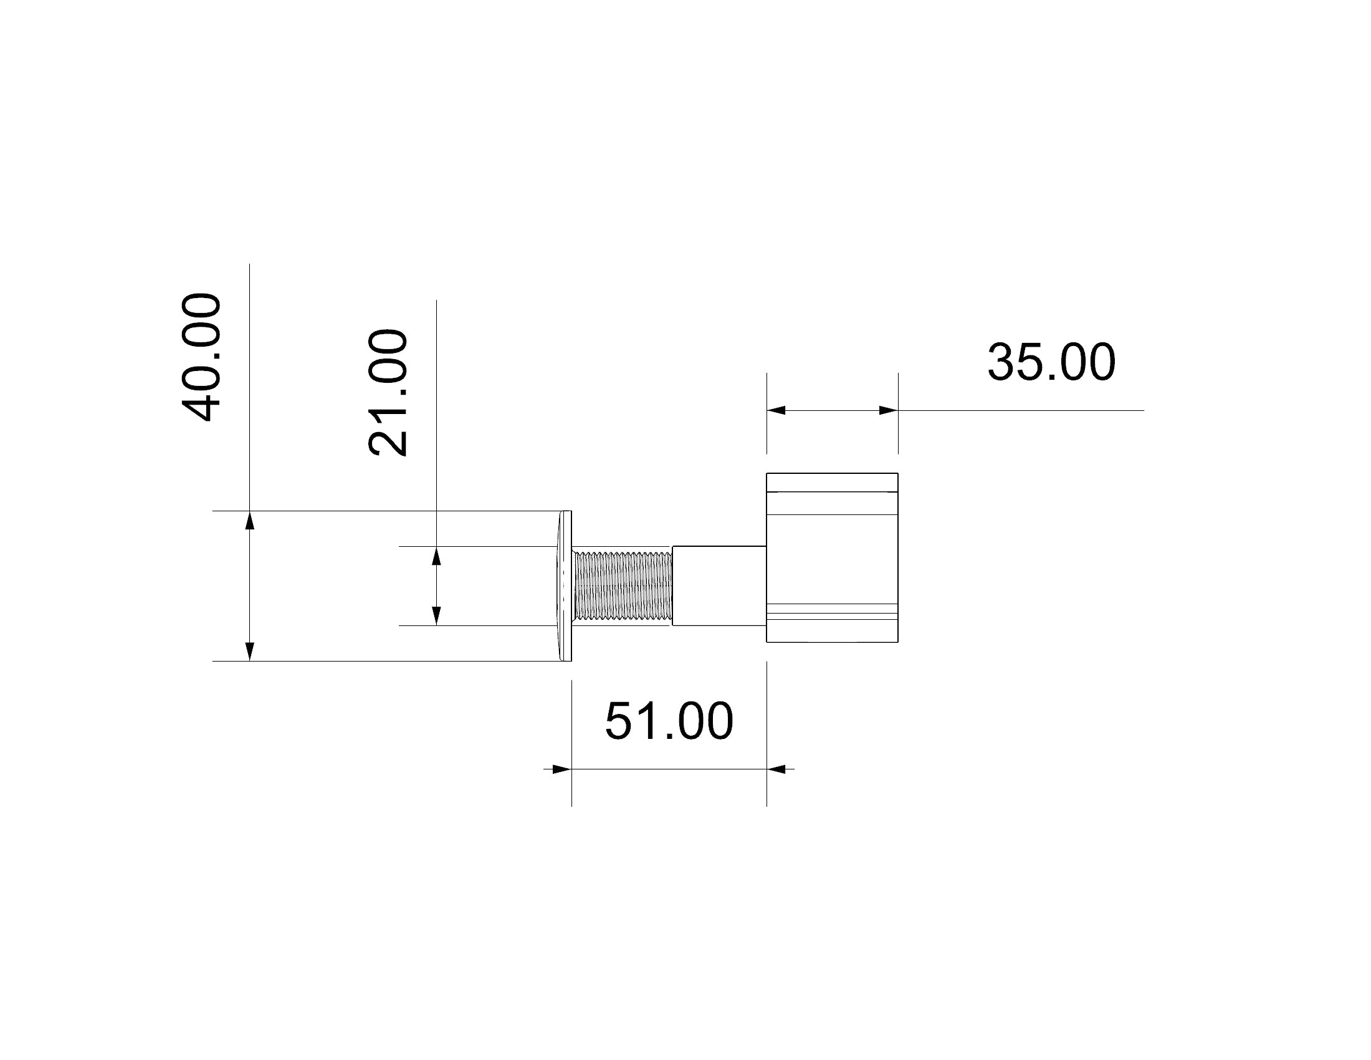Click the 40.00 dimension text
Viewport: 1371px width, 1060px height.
coord(201,357)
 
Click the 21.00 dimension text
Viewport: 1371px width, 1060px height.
coord(388,392)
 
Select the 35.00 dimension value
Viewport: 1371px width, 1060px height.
coord(1051,362)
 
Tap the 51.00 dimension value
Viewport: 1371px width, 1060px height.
coord(669,721)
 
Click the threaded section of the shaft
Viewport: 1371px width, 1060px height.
coord(623,585)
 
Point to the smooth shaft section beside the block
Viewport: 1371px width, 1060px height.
coord(719,585)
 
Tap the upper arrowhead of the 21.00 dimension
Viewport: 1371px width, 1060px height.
coord(436,556)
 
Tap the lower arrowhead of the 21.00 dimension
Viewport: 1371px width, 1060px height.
coord(436,615)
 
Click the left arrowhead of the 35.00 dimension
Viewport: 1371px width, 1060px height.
coord(776,411)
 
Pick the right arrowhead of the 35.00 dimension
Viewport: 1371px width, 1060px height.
coord(887,411)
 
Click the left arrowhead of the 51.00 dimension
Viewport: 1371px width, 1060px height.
coord(561,769)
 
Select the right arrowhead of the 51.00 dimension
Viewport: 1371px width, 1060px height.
coord(776,769)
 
